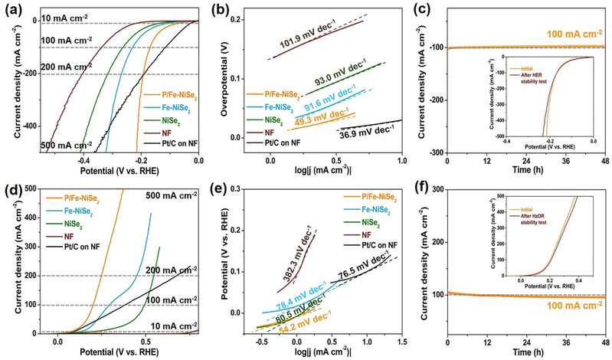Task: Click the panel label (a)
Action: pos(11,8)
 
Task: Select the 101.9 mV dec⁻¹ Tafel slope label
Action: pos(312,44)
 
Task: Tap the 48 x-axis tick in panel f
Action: pos(605,340)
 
